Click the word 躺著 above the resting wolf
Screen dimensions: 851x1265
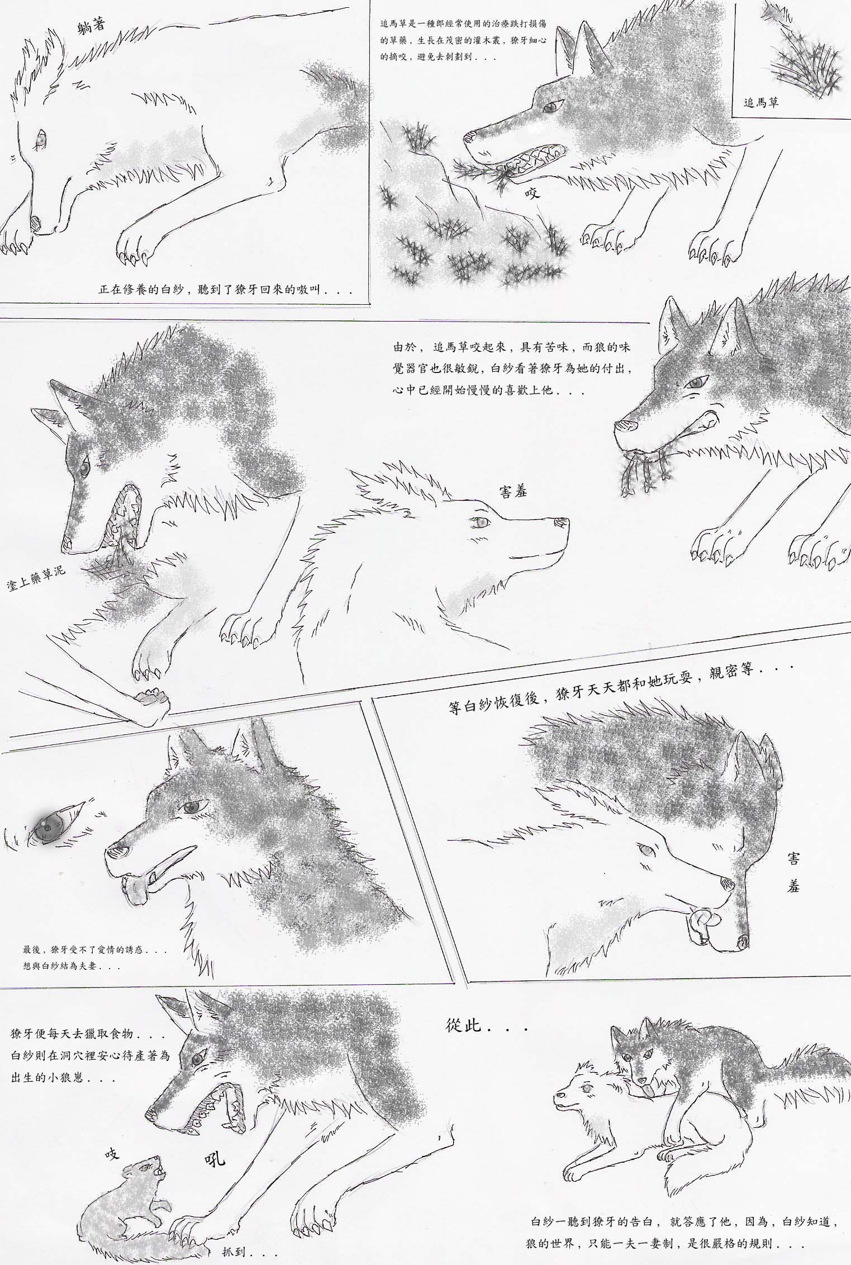pyautogui.click(x=92, y=25)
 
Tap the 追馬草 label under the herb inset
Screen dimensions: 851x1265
pyautogui.click(x=760, y=103)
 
